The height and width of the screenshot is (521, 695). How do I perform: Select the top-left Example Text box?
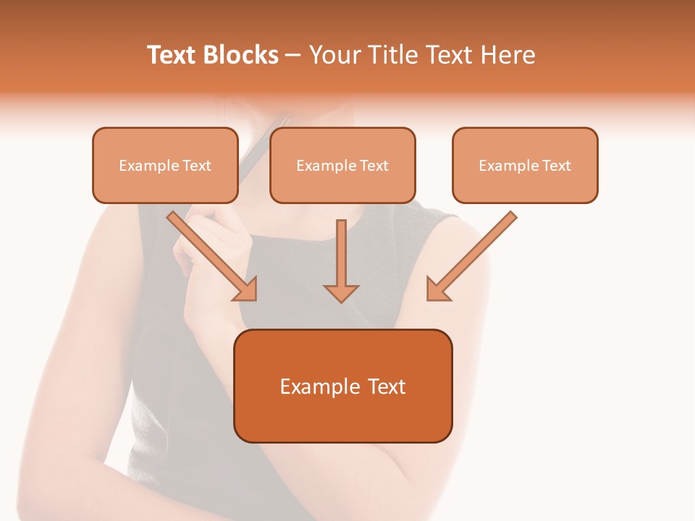coord(165,165)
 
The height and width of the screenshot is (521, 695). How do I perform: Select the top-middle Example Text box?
coord(342,165)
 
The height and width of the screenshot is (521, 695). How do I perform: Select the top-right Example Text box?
coord(525,165)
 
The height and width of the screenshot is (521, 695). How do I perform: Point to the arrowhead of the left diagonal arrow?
coord(247,290)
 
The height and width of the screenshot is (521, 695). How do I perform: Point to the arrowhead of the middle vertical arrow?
coord(341,292)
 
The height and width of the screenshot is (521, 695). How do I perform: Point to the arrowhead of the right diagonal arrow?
coord(437,290)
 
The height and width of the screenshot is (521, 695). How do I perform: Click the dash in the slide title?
coord(293,56)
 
